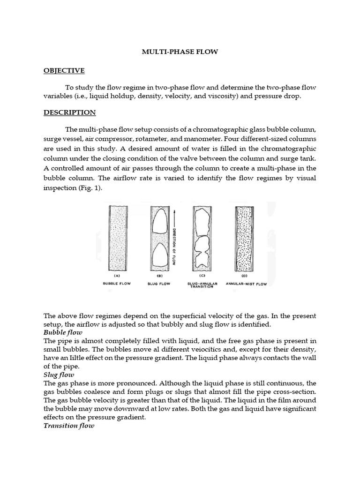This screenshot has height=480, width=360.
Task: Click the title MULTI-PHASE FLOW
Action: tap(180, 52)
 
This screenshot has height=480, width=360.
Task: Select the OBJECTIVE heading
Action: tap(64, 71)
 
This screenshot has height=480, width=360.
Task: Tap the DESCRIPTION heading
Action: tap(69, 112)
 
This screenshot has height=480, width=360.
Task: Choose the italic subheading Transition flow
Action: tap(69, 426)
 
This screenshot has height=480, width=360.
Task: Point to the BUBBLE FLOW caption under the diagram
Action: tap(117, 284)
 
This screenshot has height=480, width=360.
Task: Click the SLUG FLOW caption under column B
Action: tap(158, 284)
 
